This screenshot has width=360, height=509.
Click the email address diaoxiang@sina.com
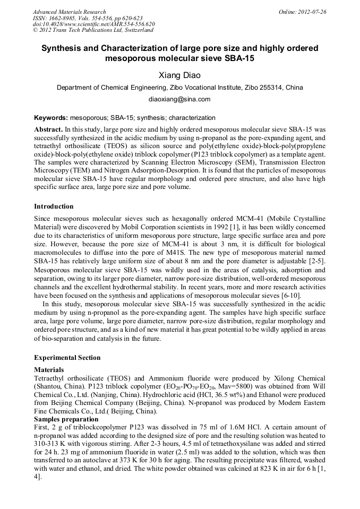(x=179, y=99)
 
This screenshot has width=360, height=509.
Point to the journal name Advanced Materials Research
(x=69, y=12)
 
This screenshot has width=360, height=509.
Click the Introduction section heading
(x=54, y=206)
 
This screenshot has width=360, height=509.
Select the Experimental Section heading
(x=67, y=358)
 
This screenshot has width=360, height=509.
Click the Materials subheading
(x=49, y=369)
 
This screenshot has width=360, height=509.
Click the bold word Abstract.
(x=48, y=129)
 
